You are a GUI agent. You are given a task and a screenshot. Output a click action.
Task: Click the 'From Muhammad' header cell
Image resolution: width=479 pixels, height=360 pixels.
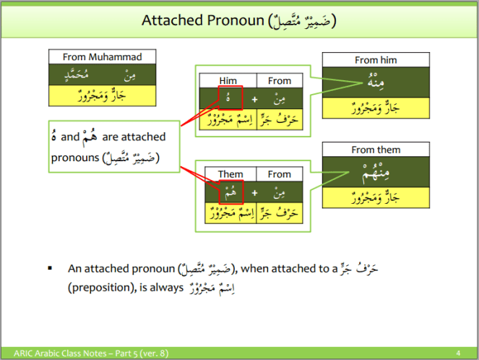point(102,57)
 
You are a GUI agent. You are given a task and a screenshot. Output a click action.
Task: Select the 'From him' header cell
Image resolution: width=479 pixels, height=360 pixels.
point(376,60)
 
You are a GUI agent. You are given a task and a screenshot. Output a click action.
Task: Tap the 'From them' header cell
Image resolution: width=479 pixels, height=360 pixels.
point(376,150)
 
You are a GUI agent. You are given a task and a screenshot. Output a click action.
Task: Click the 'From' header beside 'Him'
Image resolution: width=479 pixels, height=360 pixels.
point(279,81)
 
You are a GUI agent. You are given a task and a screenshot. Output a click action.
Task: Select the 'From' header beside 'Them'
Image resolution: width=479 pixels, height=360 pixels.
point(279,174)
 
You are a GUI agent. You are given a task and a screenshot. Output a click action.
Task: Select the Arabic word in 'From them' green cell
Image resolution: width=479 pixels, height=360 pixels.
point(376,172)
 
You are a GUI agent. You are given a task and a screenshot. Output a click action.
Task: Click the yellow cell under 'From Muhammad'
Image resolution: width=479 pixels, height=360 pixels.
point(102,95)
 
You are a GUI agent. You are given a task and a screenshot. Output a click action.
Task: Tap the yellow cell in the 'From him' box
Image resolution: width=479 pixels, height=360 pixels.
point(376,108)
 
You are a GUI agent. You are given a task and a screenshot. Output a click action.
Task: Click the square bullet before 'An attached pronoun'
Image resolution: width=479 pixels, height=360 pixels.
point(50,269)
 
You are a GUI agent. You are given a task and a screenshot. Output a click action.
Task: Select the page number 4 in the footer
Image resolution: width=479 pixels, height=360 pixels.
point(458,353)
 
